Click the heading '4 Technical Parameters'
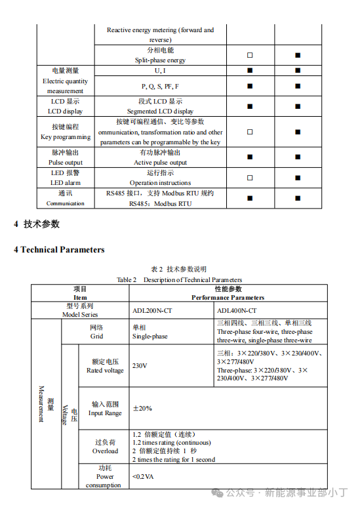click(x=59, y=250)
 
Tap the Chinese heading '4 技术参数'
click(x=37, y=224)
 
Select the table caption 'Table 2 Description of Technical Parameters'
click(x=179, y=279)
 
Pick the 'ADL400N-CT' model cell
click(x=237, y=310)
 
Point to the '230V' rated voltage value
click(x=140, y=365)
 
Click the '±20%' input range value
click(x=142, y=408)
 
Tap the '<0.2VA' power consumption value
click(x=144, y=476)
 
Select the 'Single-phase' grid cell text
click(x=150, y=336)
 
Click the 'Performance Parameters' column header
click(x=228, y=297)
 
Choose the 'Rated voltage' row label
click(x=105, y=371)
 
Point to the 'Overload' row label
click(x=105, y=451)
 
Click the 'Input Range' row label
click(x=105, y=413)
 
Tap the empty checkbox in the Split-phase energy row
click(x=250, y=55)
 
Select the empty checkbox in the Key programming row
click(x=250, y=132)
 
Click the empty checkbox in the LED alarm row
click(x=250, y=178)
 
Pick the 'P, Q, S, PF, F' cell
click(x=160, y=86)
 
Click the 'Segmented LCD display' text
click(x=160, y=112)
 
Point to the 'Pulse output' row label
click(x=66, y=162)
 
